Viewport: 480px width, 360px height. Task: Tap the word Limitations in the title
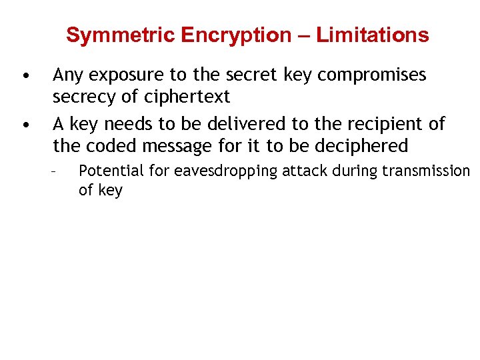373,35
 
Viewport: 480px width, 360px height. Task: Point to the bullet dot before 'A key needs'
25,124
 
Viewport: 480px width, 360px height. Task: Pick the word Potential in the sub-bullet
111,171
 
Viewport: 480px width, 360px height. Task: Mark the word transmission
426,171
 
